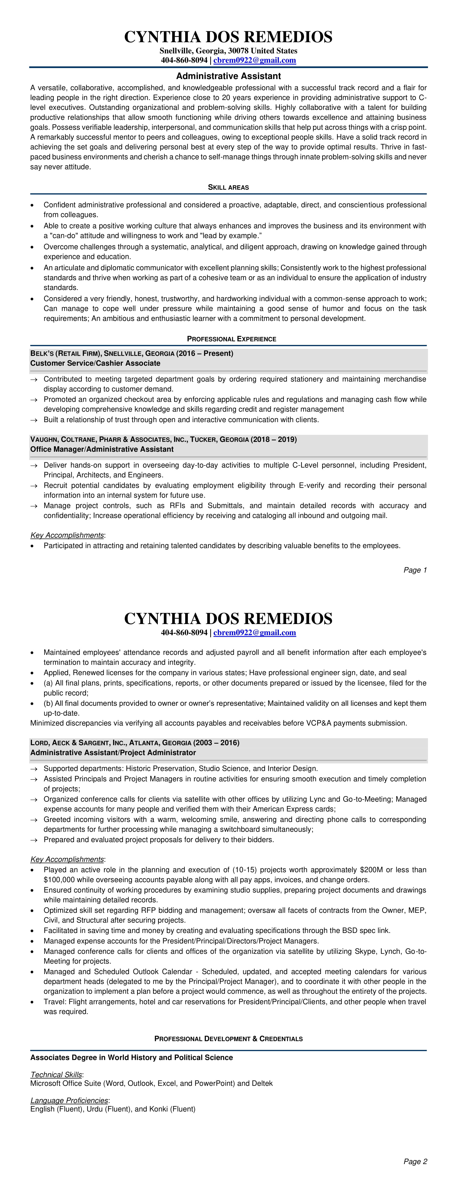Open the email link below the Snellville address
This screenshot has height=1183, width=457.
tap(255, 60)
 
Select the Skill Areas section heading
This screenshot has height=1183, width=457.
tap(228, 187)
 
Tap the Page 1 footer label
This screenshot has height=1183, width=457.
tap(415, 570)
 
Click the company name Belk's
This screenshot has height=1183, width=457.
tap(42, 353)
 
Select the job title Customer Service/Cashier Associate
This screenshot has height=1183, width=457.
tap(95, 363)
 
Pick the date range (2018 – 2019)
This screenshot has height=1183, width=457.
tap(274, 440)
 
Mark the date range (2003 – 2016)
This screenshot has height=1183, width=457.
tap(216, 743)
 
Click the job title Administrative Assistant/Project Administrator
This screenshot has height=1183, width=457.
tap(113, 753)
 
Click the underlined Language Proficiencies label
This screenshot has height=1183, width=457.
tap(69, 1100)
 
